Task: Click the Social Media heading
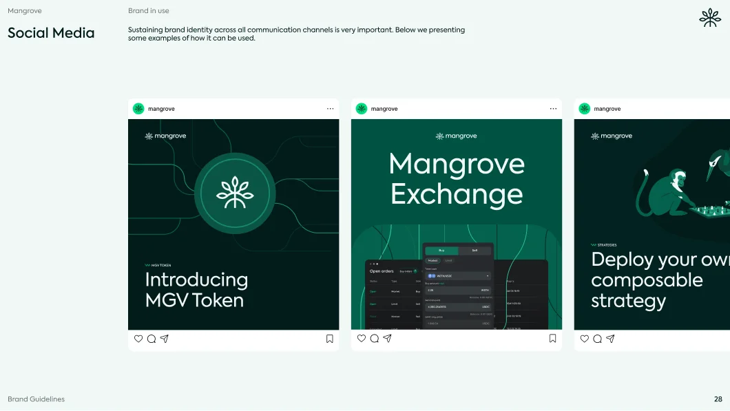tap(51, 32)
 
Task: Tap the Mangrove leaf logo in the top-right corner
tap(710, 18)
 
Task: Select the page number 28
tap(718, 399)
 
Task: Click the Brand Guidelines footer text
tap(36, 399)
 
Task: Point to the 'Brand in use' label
tap(148, 11)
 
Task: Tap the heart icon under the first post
tap(138, 339)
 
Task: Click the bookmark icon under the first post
tap(330, 339)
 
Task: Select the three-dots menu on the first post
tap(330, 109)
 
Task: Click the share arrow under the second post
tap(388, 339)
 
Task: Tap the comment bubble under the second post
tap(375, 339)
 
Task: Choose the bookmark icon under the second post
tap(553, 339)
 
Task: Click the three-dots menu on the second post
tap(553, 109)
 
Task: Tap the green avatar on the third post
tap(585, 109)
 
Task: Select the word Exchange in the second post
tap(457, 195)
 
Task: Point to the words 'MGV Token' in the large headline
tap(194, 301)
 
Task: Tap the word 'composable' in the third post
tap(637, 280)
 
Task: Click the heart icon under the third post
tap(585, 339)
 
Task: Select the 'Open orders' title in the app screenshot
tap(381, 271)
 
